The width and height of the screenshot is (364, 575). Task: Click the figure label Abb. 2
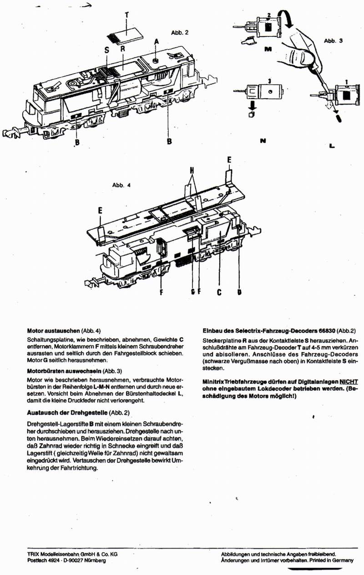[x=179, y=33]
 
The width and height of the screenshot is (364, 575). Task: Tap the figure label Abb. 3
[x=333, y=40]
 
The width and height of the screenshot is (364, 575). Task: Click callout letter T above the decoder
[x=126, y=15]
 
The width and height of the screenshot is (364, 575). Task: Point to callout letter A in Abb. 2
[x=157, y=41]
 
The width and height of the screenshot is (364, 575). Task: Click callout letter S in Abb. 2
[x=106, y=50]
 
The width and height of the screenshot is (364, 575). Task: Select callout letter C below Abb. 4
[x=219, y=293]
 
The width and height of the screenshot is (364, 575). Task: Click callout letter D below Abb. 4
[x=239, y=293]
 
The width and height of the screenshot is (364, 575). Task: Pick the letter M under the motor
[x=268, y=47]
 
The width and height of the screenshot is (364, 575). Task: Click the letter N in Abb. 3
[x=263, y=141]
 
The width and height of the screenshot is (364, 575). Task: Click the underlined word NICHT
[x=349, y=381]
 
